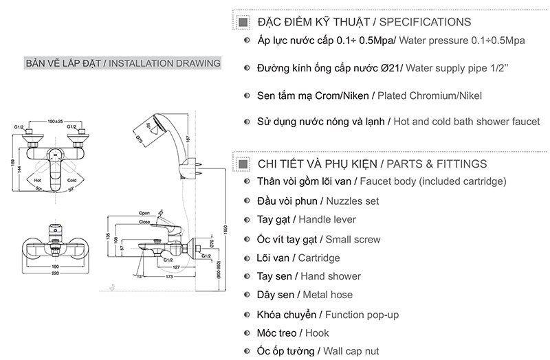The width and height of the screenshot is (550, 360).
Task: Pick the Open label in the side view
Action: tap(144, 214)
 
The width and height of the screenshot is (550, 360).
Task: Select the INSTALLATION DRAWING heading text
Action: tap(165, 63)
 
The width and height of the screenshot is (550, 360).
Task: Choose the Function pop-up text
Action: tap(362, 315)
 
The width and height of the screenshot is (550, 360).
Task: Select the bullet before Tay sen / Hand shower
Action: tap(247, 276)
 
